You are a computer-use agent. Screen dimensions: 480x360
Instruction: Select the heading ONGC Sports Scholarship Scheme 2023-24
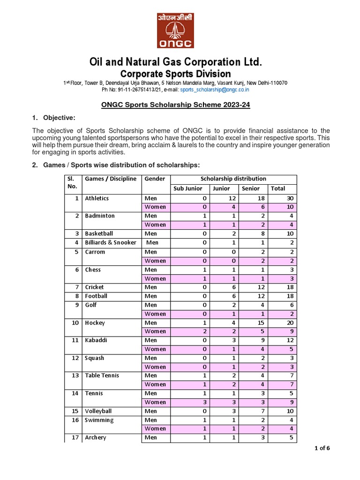click(x=176, y=105)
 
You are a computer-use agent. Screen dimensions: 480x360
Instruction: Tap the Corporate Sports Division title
click(x=175, y=74)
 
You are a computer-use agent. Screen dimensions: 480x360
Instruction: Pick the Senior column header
click(x=251, y=188)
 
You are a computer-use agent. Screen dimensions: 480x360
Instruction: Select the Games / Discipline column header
click(x=111, y=179)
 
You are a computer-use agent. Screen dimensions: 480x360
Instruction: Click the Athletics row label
click(x=97, y=198)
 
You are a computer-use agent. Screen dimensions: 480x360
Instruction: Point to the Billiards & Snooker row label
click(x=111, y=242)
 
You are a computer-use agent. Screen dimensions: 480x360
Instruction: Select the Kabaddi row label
click(x=96, y=340)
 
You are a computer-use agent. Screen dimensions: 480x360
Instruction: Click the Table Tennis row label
click(x=102, y=375)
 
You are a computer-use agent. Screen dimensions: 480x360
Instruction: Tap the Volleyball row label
click(x=98, y=411)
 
